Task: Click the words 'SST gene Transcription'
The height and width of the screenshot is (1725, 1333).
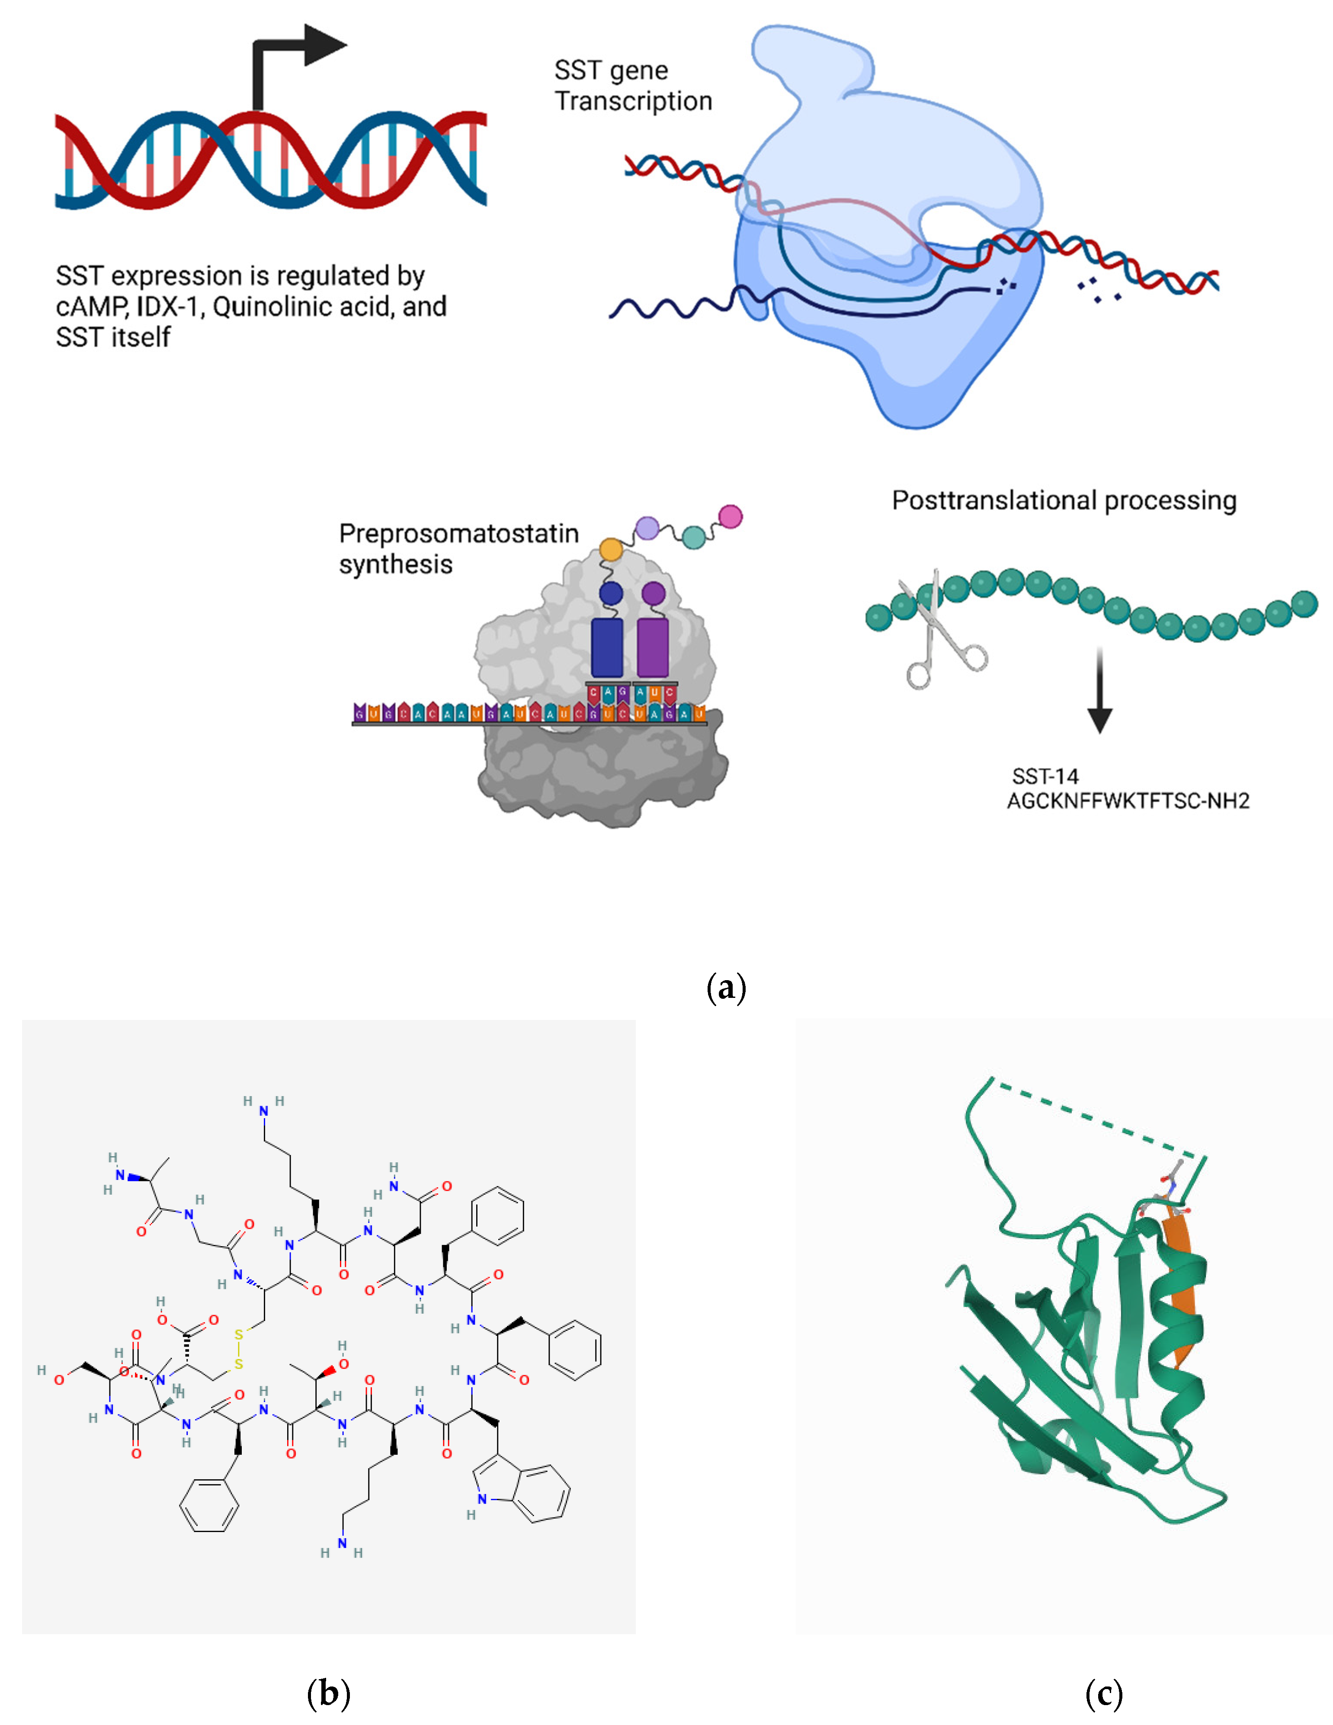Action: coord(632,85)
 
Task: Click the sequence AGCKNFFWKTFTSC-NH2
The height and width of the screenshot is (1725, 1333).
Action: coord(1128,801)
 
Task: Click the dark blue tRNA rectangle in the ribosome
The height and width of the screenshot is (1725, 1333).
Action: coord(606,647)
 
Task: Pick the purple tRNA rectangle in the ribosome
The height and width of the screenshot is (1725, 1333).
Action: coord(652,647)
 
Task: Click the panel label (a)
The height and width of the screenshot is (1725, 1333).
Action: coord(726,988)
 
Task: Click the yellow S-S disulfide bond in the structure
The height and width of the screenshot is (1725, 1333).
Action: coord(238,1349)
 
